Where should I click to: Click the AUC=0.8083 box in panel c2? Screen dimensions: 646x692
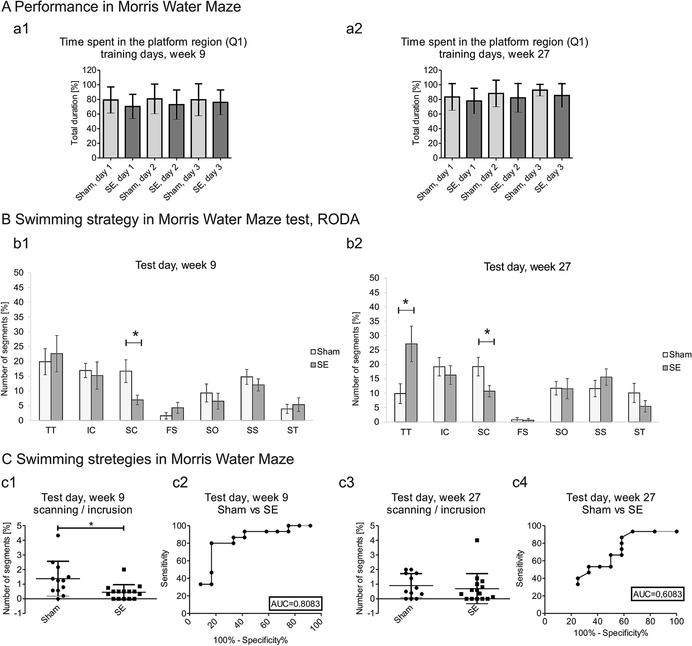pos(295,604)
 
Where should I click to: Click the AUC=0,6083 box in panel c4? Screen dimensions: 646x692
pos(658,594)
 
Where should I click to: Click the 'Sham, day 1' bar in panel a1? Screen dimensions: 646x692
pos(110,129)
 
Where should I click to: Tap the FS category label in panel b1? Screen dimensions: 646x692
pos(172,431)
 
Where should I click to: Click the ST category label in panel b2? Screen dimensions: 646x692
pos(640,432)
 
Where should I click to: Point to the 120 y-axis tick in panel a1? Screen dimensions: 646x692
pos(89,70)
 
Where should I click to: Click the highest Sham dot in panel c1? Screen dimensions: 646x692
pos(58,536)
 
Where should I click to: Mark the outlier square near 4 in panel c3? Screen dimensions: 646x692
pos(477,540)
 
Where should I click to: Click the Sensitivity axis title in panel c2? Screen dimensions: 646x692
pos(165,568)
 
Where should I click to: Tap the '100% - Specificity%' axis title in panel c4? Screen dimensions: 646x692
pos(611,633)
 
